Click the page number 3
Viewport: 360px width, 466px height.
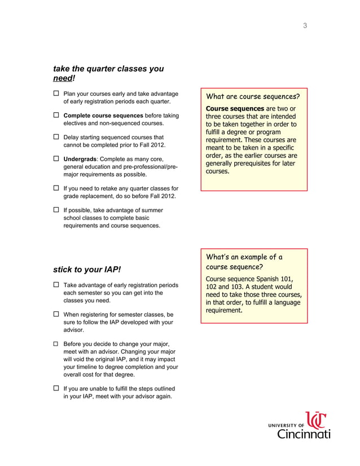coord(305,25)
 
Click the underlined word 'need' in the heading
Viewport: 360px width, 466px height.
coord(63,78)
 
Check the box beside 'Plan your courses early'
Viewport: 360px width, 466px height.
coord(56,94)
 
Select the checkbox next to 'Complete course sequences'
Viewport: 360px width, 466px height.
coord(56,115)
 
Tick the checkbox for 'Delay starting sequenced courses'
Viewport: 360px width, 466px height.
coord(56,137)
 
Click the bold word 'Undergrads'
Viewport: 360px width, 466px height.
coord(80,160)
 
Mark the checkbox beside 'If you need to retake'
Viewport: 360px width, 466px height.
coord(56,188)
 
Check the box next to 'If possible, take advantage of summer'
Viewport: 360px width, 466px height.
coord(56,210)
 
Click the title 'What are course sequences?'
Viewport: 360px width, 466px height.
coord(253,96)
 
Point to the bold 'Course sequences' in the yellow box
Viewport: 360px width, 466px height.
coord(235,108)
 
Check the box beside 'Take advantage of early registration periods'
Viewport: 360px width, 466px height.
coord(56,285)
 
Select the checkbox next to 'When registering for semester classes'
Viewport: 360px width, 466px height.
coord(56,314)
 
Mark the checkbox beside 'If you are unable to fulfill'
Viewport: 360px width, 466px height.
coord(56,388)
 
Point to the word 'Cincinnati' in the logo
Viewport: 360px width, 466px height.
coord(304,433)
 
